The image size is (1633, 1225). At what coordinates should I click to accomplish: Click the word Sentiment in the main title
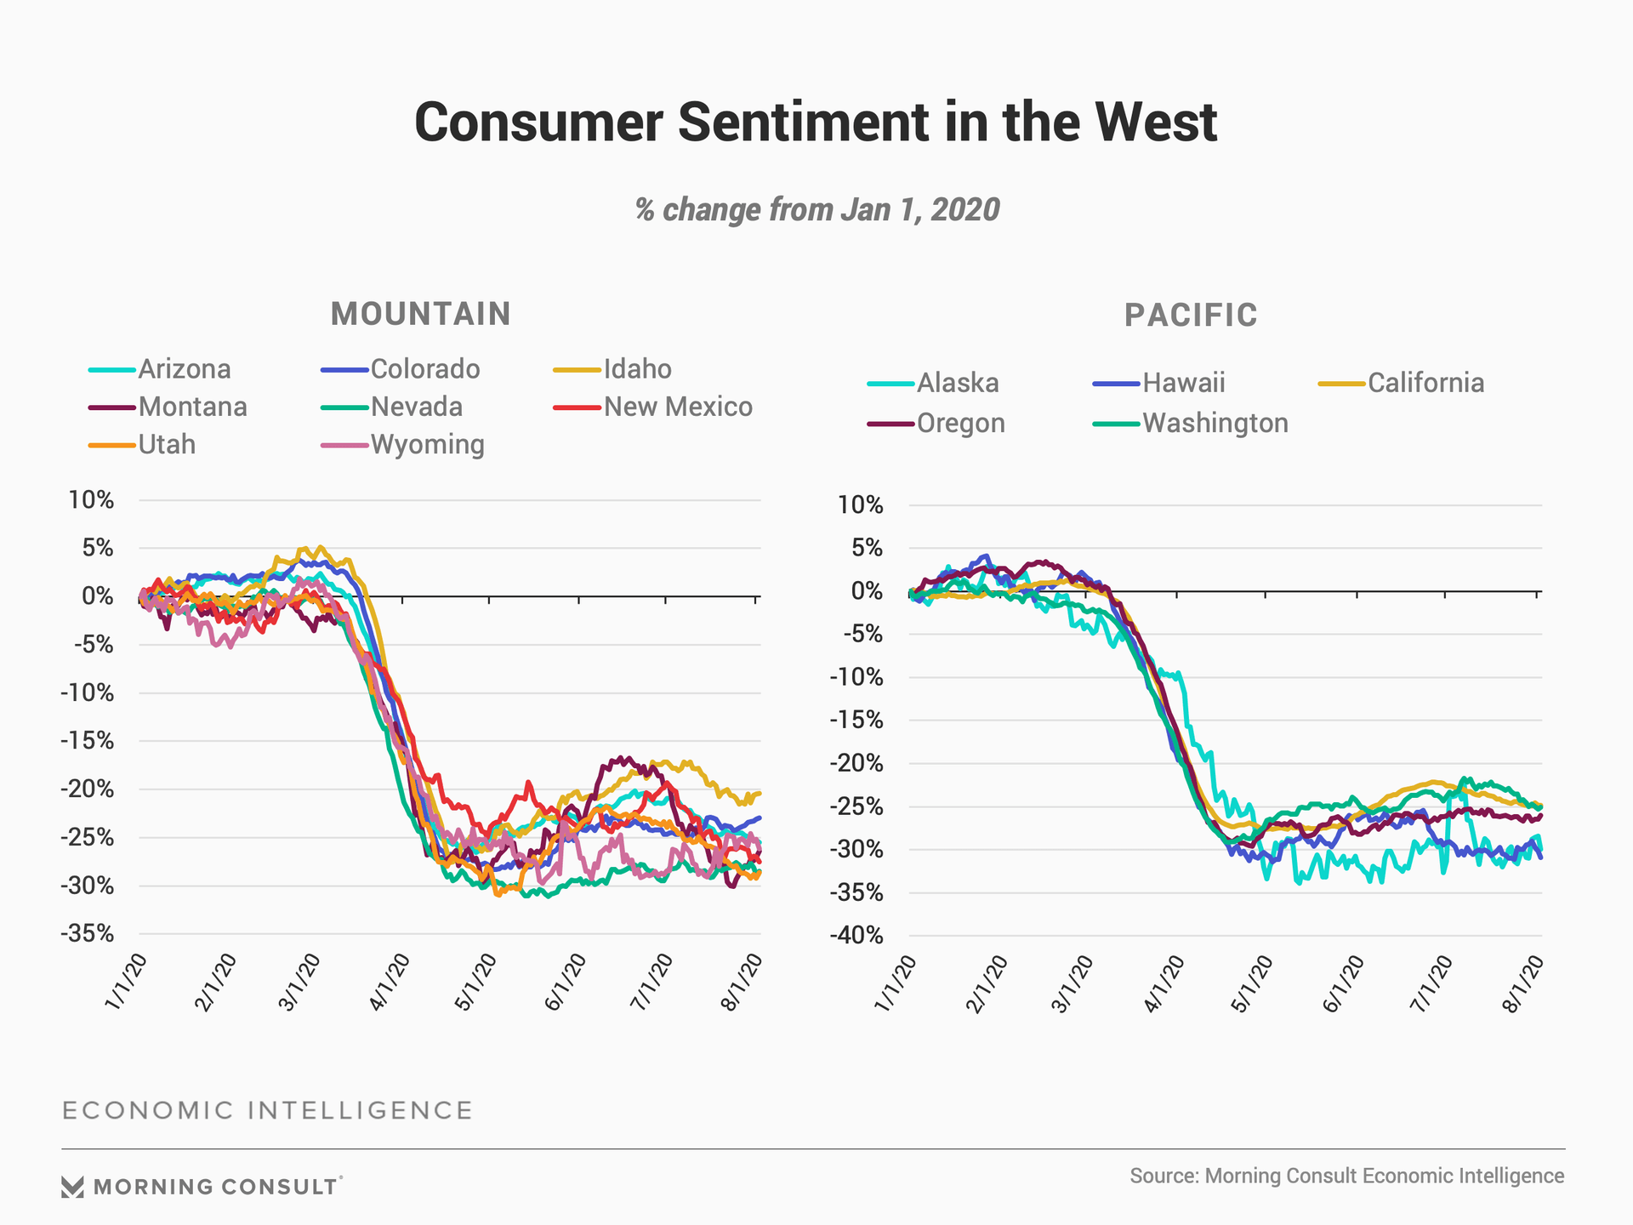[x=804, y=122]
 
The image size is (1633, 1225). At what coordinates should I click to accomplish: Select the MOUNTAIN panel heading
[x=421, y=314]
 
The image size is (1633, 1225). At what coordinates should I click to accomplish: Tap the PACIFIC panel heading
[x=1191, y=315]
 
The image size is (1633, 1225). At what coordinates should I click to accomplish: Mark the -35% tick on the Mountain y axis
[x=88, y=933]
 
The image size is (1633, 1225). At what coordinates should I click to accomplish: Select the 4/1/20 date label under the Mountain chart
[x=390, y=982]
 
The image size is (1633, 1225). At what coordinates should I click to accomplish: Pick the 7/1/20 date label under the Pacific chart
[x=1432, y=983]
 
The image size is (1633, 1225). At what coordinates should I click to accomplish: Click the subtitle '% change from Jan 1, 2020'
[x=816, y=209]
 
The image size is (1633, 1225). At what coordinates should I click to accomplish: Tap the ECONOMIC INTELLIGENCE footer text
[x=267, y=1110]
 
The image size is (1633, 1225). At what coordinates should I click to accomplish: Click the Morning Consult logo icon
[x=73, y=1187]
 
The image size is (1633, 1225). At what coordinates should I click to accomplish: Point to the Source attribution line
[x=1346, y=1176]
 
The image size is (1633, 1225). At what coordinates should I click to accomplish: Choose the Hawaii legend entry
[x=1183, y=383]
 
